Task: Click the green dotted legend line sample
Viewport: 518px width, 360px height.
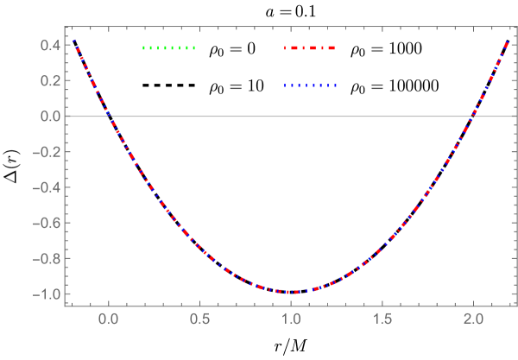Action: coord(169,48)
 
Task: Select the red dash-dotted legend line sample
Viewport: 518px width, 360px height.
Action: coord(310,48)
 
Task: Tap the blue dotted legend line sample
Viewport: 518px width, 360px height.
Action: coord(310,85)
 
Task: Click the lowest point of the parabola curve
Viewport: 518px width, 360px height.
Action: coord(292,292)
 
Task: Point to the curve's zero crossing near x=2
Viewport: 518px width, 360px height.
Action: coord(473,117)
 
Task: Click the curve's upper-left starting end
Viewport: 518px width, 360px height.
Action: coord(74,40)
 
